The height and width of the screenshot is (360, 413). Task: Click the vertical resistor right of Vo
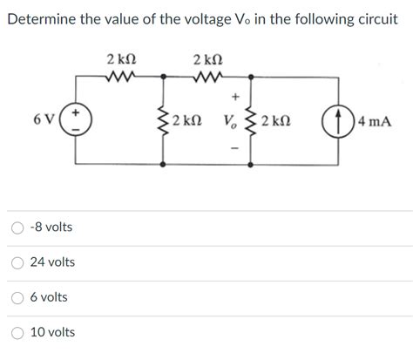(x=253, y=120)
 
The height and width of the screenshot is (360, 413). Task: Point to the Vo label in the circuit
(x=230, y=120)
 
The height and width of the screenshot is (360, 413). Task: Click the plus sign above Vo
(x=234, y=98)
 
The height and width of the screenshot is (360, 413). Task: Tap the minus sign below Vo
(x=234, y=144)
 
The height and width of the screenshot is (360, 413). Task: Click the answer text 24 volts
(x=52, y=262)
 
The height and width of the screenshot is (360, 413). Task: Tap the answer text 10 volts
(x=52, y=332)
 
